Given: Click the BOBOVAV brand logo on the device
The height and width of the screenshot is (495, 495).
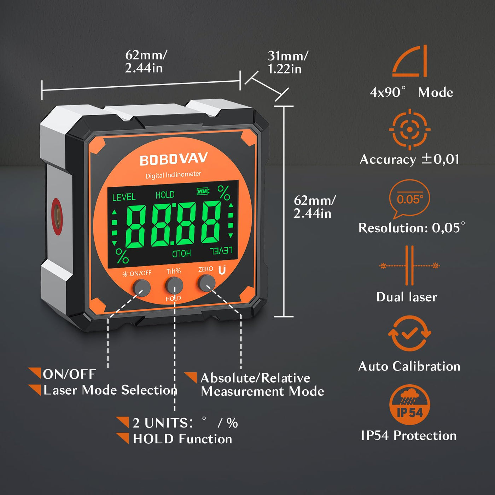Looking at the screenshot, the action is [x=174, y=159].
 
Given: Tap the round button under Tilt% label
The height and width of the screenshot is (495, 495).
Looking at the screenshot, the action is [x=174, y=285].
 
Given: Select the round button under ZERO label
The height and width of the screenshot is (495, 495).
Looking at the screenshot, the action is [x=206, y=283].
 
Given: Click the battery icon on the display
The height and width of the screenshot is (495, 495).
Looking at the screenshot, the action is [x=203, y=191].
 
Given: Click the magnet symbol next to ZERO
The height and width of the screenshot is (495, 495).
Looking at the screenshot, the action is [x=222, y=270].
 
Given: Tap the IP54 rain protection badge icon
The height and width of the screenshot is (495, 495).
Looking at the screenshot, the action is [x=409, y=405].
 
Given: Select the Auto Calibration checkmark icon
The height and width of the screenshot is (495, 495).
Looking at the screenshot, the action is [x=409, y=333].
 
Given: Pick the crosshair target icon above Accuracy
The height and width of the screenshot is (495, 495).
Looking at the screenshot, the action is [x=409, y=129].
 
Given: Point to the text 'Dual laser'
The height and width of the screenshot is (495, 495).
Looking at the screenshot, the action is [x=407, y=297].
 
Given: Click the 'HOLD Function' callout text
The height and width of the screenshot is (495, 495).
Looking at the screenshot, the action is [x=182, y=439].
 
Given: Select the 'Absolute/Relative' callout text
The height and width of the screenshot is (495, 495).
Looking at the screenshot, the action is [x=255, y=378].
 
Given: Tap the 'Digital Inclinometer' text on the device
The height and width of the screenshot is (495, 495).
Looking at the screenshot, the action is [x=173, y=175].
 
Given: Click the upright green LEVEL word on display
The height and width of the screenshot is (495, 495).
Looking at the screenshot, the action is [x=124, y=197].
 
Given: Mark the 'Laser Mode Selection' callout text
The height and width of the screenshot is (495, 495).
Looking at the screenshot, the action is [x=110, y=390].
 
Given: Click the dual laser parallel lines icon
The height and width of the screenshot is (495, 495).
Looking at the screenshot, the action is [x=409, y=265].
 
